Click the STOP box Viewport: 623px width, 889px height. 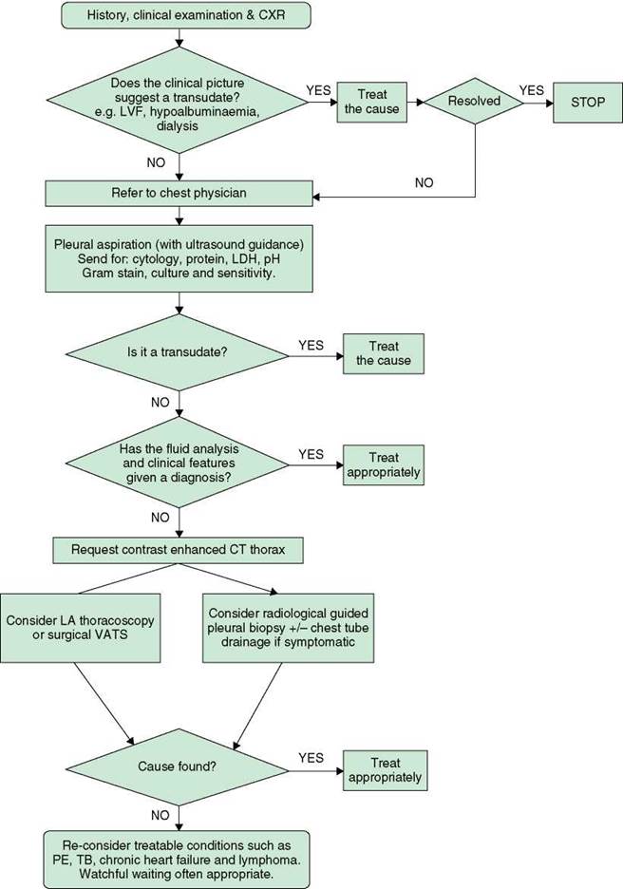(x=588, y=103)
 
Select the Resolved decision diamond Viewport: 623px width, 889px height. (x=474, y=102)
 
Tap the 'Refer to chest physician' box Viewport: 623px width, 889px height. (x=179, y=194)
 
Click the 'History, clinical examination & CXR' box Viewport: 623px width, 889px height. (x=186, y=15)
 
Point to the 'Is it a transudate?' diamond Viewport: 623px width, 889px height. (x=178, y=352)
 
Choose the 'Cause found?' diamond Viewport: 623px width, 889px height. (x=178, y=766)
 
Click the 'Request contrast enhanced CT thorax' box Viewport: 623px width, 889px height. (x=178, y=550)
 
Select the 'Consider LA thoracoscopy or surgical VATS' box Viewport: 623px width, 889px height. (x=80, y=628)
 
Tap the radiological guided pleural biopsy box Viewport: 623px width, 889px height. (x=288, y=628)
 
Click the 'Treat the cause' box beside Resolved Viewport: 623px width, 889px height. (x=372, y=102)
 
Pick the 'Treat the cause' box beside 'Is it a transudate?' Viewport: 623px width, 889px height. (x=384, y=353)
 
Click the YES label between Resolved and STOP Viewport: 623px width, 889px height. (x=531, y=91)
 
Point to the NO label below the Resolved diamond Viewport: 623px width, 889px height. (x=424, y=182)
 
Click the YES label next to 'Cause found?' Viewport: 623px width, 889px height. (x=311, y=758)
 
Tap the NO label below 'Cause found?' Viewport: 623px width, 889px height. (x=160, y=815)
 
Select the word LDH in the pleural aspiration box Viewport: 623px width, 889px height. (x=241, y=259)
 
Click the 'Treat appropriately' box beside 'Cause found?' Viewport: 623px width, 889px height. (x=385, y=770)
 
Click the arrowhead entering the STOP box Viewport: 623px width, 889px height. (x=549, y=104)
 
